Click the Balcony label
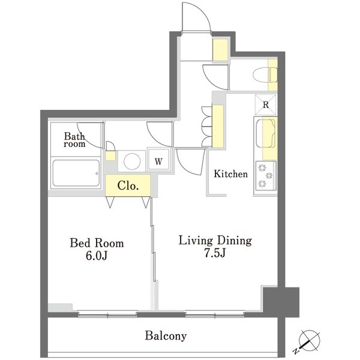166,336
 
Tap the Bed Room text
97,243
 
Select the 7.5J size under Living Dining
215,253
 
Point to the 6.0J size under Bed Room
97,256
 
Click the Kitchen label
231,174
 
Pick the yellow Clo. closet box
128,185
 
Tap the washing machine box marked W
158,160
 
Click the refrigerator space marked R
266,104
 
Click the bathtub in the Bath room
76,173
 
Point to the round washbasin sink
132,161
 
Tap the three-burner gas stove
266,176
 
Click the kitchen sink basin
266,133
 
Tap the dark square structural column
281,302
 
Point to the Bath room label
74,140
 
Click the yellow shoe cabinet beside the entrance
220,50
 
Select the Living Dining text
215,241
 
